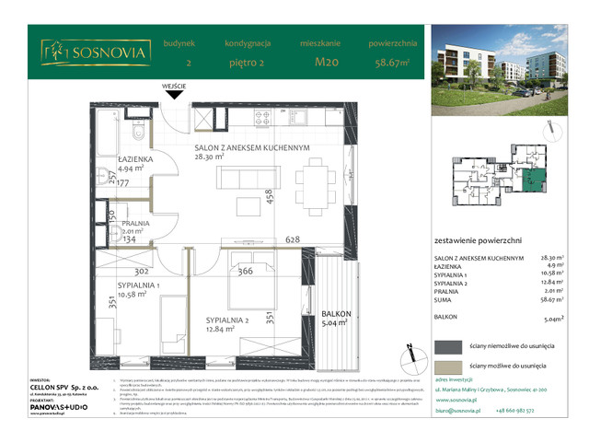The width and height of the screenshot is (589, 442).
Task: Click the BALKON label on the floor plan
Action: tap(322, 313)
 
